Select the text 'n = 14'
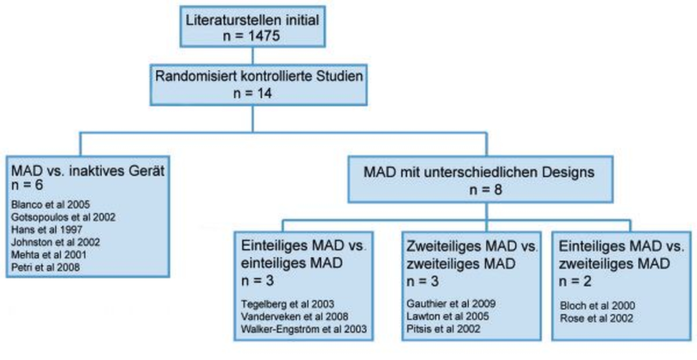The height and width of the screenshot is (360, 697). point(252,93)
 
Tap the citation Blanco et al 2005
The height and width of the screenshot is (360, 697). point(51,205)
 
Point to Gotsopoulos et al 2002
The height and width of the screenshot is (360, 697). point(63,217)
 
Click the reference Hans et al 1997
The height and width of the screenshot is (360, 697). point(47,229)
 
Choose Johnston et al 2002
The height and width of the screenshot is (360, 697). point(55,242)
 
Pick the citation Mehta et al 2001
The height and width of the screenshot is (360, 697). point(49,254)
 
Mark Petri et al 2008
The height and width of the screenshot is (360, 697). point(45,267)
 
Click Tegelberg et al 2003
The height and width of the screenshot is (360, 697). point(288,304)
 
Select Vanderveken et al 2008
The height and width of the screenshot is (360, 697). point(295,316)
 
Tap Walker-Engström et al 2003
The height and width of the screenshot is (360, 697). point(304,329)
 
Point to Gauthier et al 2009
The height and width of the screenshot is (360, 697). point(451,304)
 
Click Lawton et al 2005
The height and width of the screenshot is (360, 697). point(448,316)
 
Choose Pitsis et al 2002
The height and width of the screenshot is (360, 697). point(443,328)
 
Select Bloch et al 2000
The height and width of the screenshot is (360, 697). point(597,305)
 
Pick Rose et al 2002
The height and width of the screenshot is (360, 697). point(596,318)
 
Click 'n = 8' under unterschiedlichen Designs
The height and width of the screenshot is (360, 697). point(485,190)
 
